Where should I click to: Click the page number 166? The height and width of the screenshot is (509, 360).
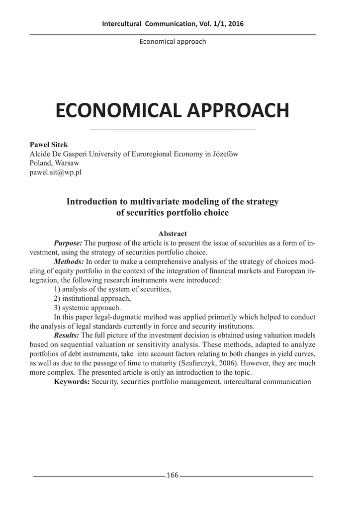173,475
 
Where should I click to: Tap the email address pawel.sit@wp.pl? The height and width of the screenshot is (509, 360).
56,172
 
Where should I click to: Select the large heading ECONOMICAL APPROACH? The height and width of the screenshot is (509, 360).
172,110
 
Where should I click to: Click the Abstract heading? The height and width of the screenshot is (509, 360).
172,234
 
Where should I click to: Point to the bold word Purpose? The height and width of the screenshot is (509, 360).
68,243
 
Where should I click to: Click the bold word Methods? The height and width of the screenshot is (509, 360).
69,261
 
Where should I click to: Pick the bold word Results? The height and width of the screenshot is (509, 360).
66,336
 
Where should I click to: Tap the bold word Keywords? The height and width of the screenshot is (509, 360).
72,382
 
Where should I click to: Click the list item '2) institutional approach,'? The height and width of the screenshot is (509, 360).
92,298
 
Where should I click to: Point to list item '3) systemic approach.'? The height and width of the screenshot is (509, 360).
87,308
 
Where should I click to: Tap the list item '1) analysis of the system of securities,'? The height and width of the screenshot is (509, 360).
112,289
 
